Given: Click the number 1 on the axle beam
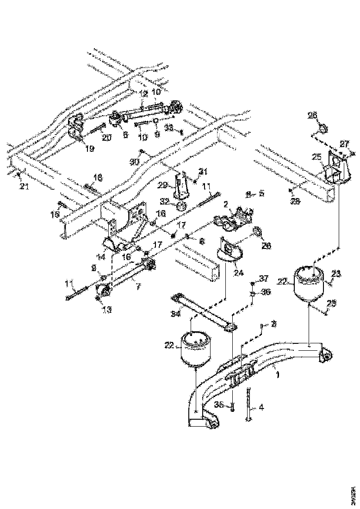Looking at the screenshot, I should [278, 374].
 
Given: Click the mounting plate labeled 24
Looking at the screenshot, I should [229, 251].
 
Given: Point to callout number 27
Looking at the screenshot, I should [344, 143].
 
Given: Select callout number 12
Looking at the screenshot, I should [143, 93].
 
